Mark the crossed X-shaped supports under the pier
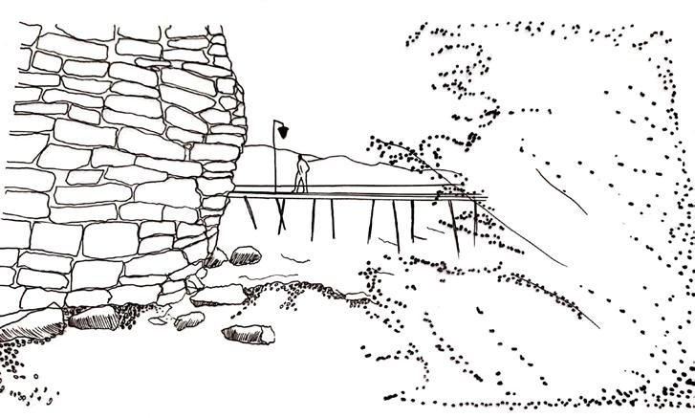[282, 213]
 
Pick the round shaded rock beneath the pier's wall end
[246, 254]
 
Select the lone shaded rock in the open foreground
[248, 333]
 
